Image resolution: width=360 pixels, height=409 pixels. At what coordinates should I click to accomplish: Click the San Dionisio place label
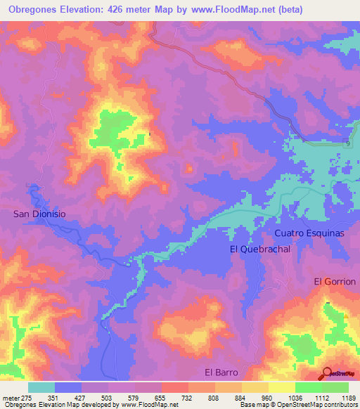click(43, 214)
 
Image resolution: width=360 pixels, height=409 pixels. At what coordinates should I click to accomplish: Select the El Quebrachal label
click(259, 249)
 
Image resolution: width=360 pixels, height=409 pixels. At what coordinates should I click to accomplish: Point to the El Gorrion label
click(335, 281)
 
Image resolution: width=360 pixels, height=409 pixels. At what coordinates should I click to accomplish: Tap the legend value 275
click(25, 398)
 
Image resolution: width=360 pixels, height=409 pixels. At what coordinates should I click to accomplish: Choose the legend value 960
click(267, 398)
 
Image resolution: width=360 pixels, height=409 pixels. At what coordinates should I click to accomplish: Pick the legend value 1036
click(294, 398)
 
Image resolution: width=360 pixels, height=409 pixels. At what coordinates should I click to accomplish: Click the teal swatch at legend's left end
click(41, 387)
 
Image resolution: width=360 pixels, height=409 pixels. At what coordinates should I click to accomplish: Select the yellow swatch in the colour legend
click(282, 387)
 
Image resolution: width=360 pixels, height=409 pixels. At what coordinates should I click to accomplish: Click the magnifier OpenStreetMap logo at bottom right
click(326, 372)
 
